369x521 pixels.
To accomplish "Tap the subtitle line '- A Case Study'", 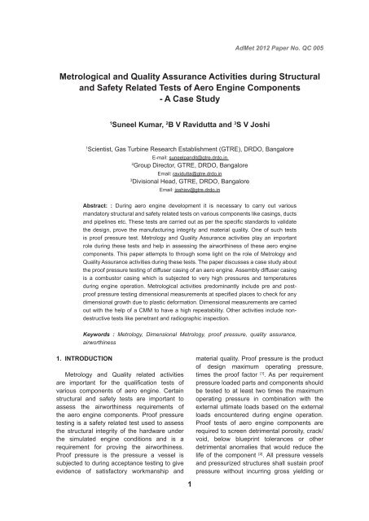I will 184,105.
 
